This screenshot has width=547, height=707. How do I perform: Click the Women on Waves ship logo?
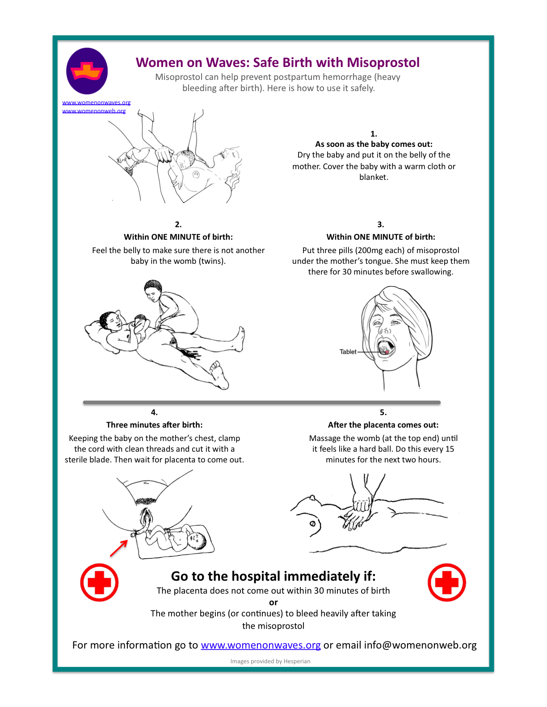click(87, 71)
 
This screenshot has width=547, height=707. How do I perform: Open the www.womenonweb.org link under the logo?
click(94, 111)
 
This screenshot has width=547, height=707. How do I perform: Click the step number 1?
click(374, 134)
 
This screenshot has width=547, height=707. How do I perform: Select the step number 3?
click(381, 225)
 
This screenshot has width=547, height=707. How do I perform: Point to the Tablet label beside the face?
click(348, 352)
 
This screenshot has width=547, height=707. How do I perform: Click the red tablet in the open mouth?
click(387, 352)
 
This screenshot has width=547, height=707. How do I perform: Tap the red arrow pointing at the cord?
click(119, 548)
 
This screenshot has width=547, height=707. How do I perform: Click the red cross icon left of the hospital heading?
click(99, 582)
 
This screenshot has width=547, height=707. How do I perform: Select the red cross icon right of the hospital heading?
click(446, 582)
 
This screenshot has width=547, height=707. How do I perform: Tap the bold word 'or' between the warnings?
click(273, 603)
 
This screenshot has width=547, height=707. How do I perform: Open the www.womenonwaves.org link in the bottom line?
click(261, 645)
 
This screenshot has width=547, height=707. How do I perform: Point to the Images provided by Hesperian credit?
click(270, 661)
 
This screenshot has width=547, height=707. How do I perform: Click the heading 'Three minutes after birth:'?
click(154, 425)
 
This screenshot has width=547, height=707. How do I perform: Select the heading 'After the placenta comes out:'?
click(383, 425)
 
